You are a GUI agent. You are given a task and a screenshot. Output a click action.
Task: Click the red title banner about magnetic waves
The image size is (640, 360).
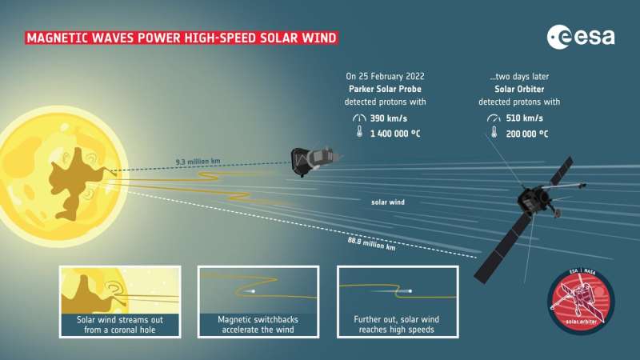[181, 38]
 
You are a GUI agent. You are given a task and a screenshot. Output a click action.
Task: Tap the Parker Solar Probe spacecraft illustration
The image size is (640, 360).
[309, 160]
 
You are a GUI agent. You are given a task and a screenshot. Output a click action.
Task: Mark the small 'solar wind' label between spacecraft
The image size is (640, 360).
[388, 202]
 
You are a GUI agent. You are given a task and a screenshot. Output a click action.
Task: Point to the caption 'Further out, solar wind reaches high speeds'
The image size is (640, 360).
[397, 324]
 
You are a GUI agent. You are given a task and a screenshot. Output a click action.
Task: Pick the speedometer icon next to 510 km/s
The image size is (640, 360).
[493, 118]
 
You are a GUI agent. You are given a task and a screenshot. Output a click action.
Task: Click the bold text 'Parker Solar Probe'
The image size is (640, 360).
[384, 90]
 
